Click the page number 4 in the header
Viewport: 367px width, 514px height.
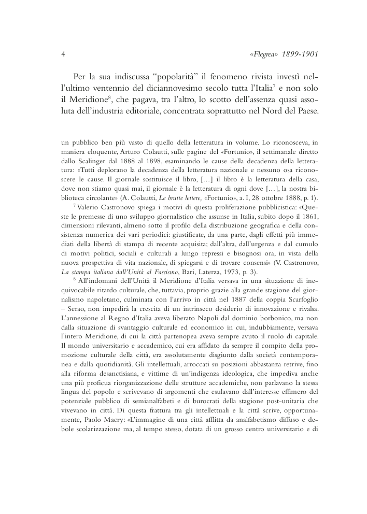click(x=62, y=54)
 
